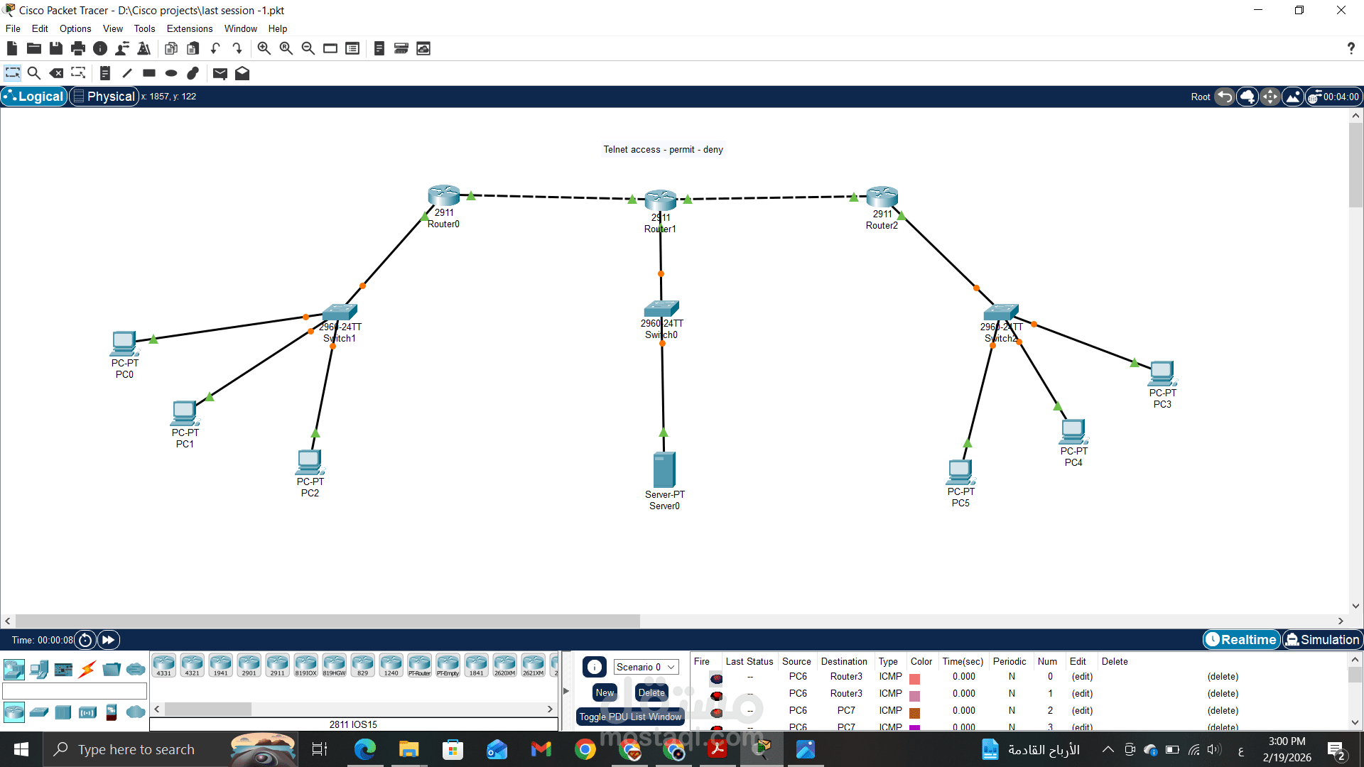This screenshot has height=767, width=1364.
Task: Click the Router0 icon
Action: (443, 195)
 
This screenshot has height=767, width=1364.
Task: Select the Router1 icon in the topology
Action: (660, 200)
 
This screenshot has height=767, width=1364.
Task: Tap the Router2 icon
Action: (882, 197)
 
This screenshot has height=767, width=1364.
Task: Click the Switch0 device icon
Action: (661, 308)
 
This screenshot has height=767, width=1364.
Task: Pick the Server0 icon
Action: (664, 469)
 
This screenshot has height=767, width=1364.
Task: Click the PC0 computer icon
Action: (124, 344)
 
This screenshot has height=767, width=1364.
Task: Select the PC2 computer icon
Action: (310, 462)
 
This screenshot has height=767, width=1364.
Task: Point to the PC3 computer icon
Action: (1162, 373)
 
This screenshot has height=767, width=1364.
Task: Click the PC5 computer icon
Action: (960, 472)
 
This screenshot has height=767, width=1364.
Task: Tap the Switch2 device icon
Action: (1001, 312)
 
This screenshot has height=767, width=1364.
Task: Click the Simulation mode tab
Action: (1323, 640)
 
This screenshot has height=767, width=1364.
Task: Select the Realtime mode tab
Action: (1242, 640)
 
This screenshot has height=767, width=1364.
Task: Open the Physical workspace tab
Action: (104, 97)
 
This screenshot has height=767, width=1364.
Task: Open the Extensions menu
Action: (190, 29)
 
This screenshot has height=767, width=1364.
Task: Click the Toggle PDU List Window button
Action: (630, 717)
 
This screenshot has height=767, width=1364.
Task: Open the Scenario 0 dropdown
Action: (646, 667)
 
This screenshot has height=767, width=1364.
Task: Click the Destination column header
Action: (844, 661)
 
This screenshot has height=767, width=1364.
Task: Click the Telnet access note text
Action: (663, 150)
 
